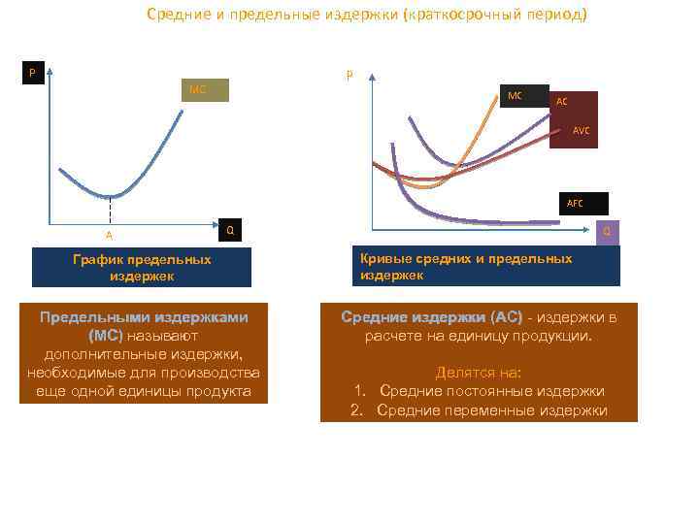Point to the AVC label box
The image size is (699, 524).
pyautogui.click(x=580, y=130)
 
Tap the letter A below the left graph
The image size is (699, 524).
pyautogui.click(x=110, y=235)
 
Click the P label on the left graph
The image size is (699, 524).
pyautogui.click(x=35, y=73)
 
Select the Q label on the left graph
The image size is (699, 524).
pyautogui.click(x=229, y=229)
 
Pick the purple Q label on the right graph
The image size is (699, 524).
pyautogui.click(x=607, y=232)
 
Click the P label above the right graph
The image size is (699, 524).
pyautogui.click(x=349, y=74)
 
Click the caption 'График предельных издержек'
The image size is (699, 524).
pyautogui.click(x=142, y=268)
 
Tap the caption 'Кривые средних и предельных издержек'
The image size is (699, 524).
pyautogui.click(x=466, y=267)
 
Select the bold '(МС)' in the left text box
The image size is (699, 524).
pyautogui.click(x=105, y=336)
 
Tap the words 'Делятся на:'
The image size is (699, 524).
pyautogui.click(x=478, y=372)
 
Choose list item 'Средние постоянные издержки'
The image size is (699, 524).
pyautogui.click(x=491, y=390)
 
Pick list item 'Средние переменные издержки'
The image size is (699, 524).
pyautogui.click(x=491, y=409)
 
